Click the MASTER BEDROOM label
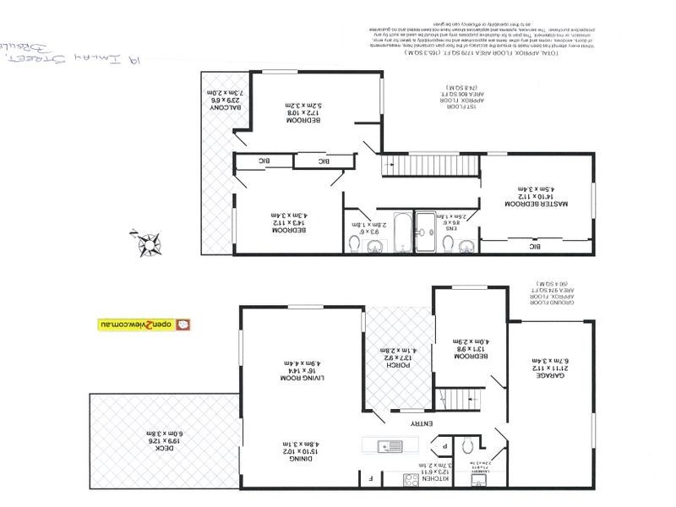coord(537,204)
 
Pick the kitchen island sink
coord(388,444)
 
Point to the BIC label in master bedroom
coord(533,246)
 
